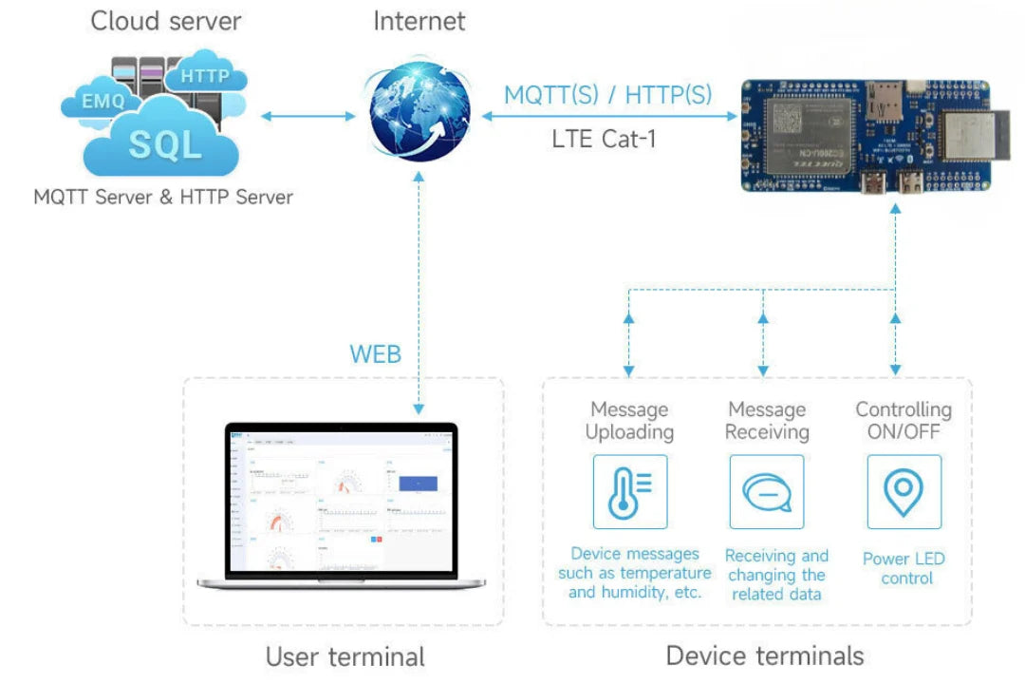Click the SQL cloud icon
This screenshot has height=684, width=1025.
point(164,144)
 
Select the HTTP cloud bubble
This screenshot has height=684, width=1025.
point(205,76)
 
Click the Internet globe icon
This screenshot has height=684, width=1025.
point(419,115)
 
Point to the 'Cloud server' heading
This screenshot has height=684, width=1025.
point(165,21)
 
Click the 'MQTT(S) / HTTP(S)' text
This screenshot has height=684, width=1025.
point(607,95)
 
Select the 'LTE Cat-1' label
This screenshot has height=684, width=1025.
point(604,139)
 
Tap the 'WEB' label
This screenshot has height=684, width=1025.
point(376,354)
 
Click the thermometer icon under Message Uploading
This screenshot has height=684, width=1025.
point(629,491)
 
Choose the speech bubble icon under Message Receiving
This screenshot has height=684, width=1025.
point(766,491)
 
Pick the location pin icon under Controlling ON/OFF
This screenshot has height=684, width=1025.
point(904,491)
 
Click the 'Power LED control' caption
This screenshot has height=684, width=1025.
point(904,568)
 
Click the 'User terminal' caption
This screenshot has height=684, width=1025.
point(345,656)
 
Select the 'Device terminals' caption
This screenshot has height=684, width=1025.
point(765,655)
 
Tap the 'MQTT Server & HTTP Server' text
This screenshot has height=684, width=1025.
point(163,198)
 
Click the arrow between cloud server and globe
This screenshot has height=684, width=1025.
point(307,116)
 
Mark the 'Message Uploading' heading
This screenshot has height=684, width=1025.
point(629,421)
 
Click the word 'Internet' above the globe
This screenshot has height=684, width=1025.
point(419,21)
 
